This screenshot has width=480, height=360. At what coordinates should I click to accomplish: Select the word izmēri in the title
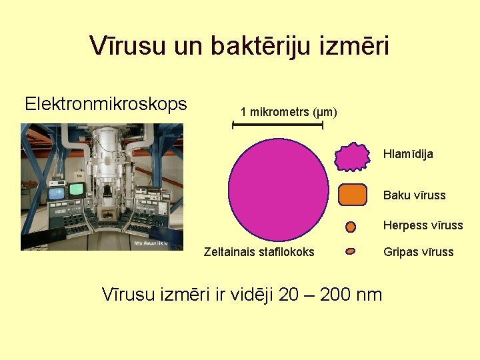[356, 46]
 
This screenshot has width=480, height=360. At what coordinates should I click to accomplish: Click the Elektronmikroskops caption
[105, 104]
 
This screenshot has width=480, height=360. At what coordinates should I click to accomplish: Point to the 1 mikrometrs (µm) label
[289, 112]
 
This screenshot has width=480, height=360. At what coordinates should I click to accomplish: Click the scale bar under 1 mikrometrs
[277, 125]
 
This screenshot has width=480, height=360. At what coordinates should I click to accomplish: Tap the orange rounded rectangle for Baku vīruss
[353, 195]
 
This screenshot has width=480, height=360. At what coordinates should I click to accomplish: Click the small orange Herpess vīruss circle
[351, 227]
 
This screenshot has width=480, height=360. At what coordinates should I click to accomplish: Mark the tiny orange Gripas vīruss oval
[351, 252]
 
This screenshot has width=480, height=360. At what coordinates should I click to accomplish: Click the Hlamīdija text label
[408, 154]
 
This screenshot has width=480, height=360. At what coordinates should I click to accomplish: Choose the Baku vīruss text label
[414, 195]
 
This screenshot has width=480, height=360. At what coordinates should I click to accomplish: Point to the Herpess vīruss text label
[423, 225]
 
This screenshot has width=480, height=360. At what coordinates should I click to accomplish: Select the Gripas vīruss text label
[418, 252]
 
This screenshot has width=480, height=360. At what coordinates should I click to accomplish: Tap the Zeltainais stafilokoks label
[259, 252]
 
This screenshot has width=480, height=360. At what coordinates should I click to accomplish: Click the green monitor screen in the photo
[77, 189]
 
